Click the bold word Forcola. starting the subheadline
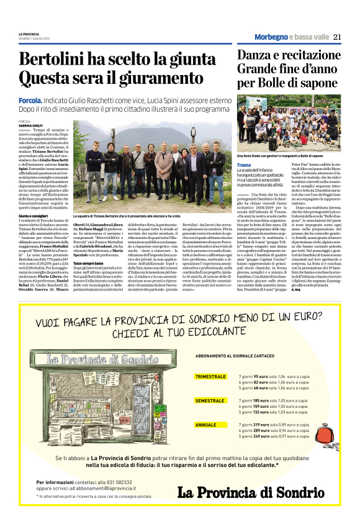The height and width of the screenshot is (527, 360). pos(30,100)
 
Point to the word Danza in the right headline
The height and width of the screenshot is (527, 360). pos(258,55)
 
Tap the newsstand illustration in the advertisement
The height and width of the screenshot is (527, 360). pos(109,397)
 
